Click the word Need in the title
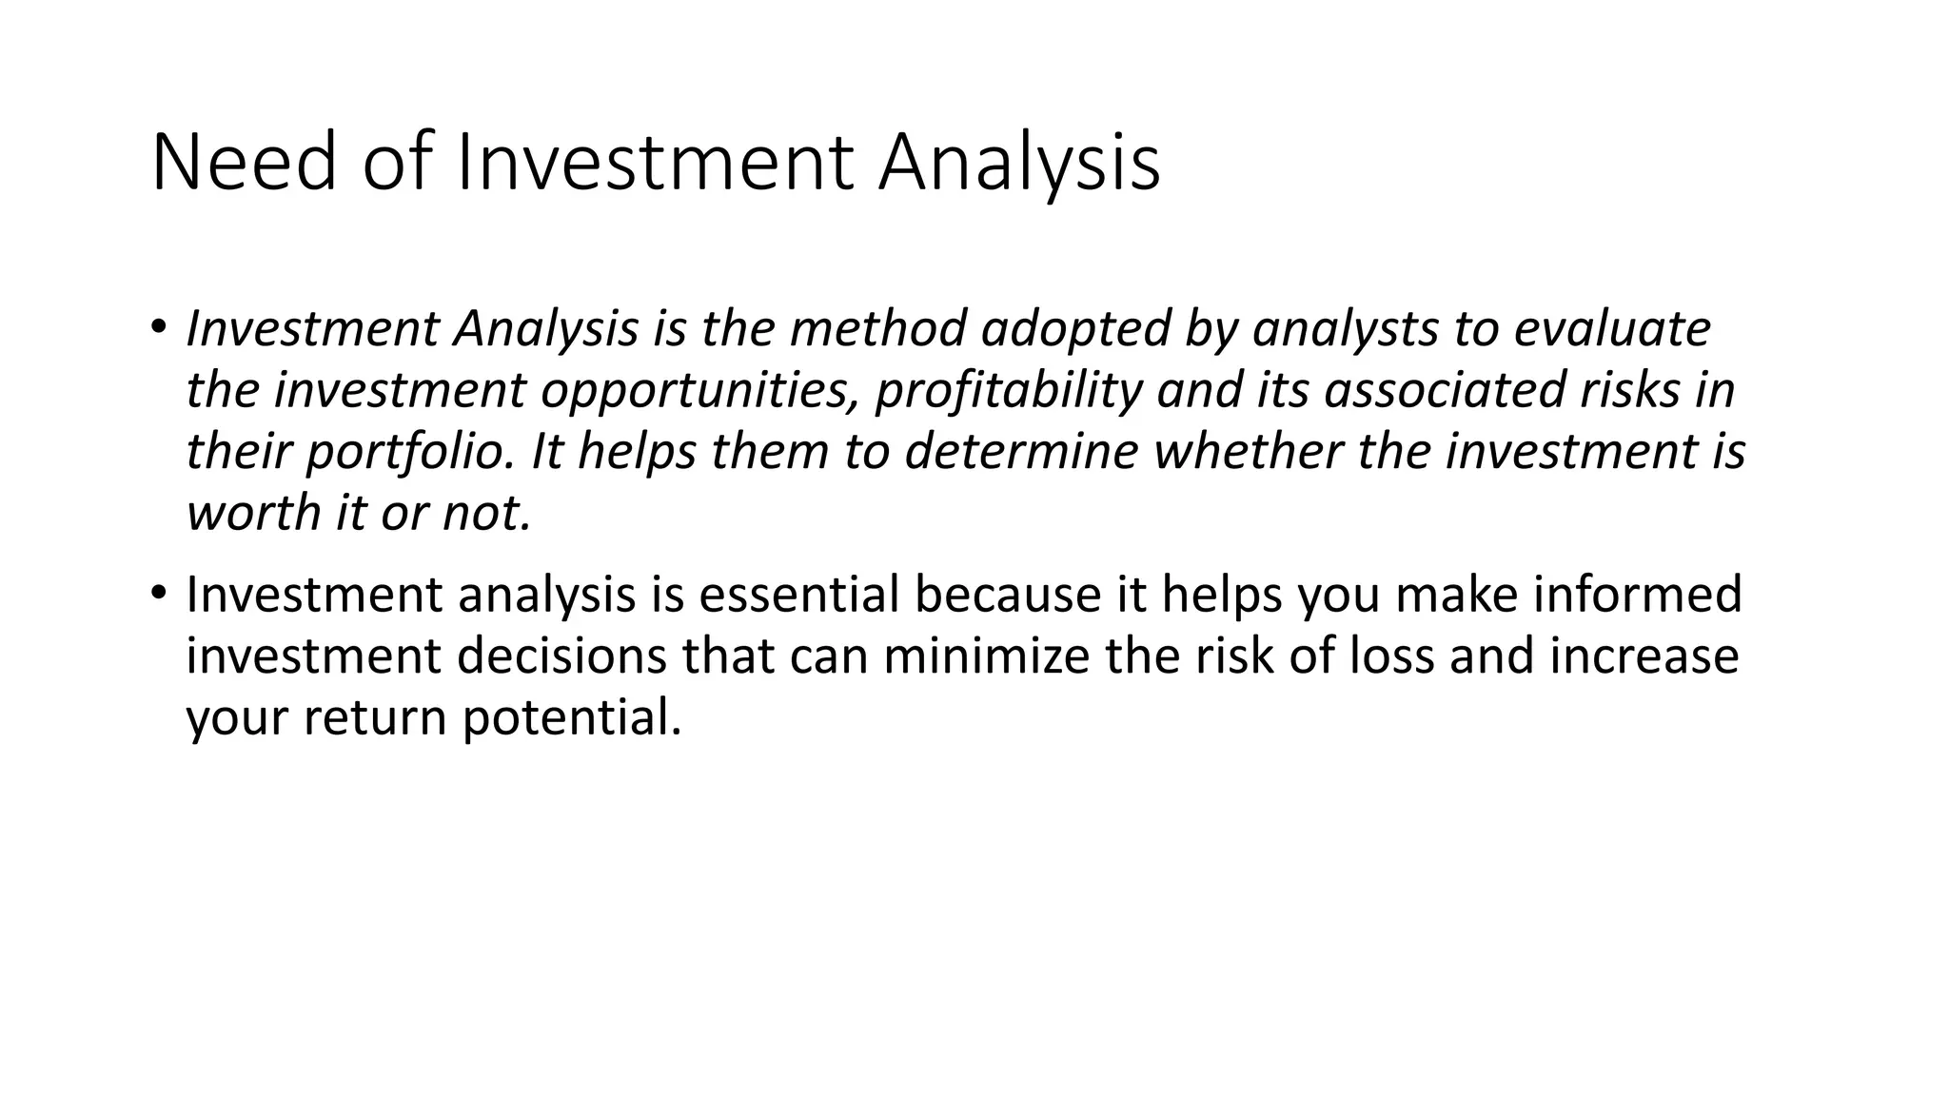[x=244, y=164]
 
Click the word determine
[x=1021, y=451]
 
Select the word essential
[x=798, y=594]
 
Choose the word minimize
[x=985, y=656]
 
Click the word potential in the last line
[x=572, y=716]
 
